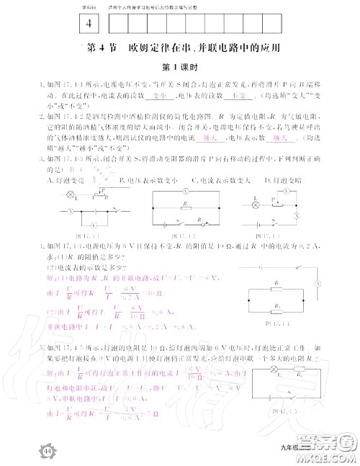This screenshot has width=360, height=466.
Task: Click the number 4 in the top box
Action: pos(89,23)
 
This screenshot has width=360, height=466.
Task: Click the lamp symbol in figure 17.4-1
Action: pos(71,194)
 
